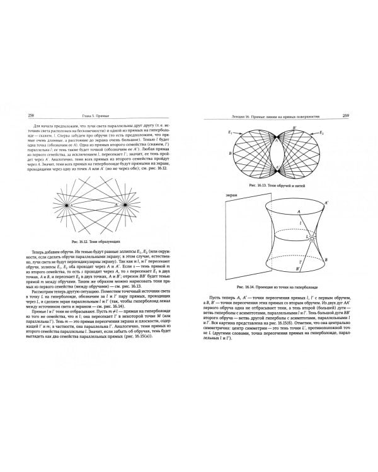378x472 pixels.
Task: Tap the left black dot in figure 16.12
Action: coord(65,205)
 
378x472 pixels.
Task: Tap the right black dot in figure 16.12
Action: coord(125,205)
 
